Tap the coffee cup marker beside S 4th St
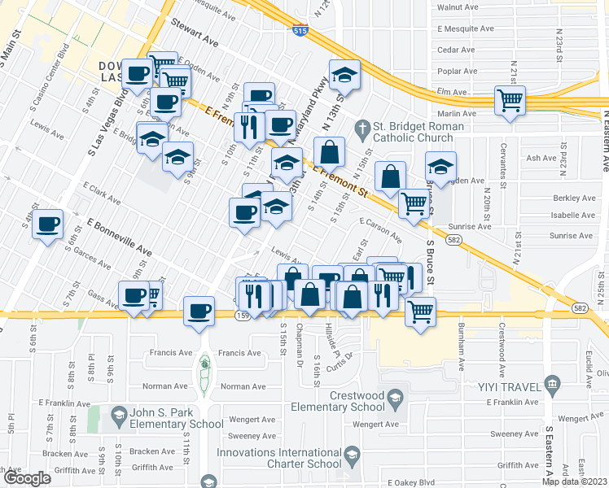pyautogui.click(x=48, y=224)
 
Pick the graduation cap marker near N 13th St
pyautogui.click(x=344, y=74)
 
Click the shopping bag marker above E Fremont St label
pyautogui.click(x=329, y=152)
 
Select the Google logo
pyautogui.click(x=27, y=477)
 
